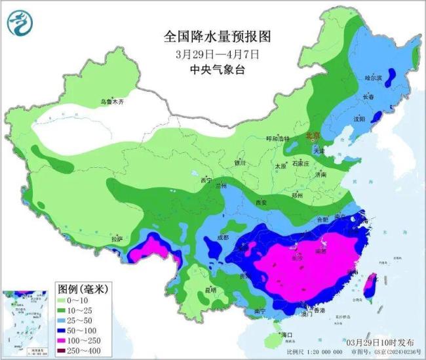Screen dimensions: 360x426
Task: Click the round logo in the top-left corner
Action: coord(20,24)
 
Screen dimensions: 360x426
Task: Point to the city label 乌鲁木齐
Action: coord(112,102)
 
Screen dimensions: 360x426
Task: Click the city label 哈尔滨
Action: coord(372,78)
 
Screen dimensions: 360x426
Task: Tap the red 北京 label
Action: coord(313,136)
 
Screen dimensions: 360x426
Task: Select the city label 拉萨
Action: coord(117,239)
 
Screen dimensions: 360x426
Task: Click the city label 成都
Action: coord(223,237)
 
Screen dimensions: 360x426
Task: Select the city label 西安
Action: coord(261,203)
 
